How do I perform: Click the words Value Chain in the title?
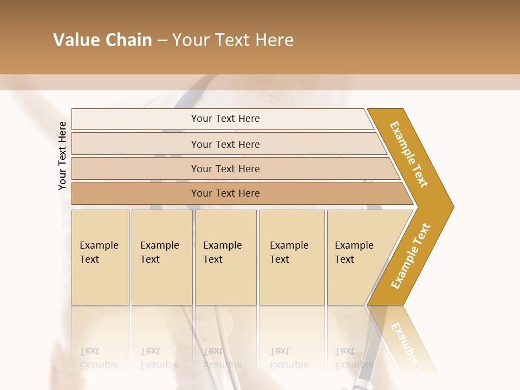[102, 40]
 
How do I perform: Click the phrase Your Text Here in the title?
[233, 40]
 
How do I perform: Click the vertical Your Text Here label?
[62, 156]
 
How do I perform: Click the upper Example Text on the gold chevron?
[409, 154]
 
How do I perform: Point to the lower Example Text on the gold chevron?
[410, 256]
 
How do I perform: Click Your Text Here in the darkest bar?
[225, 193]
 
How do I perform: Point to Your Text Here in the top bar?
[225, 119]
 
